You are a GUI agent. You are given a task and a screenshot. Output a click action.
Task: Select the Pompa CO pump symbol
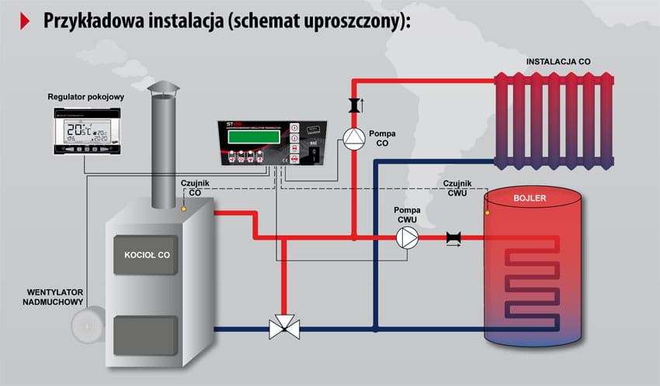[353, 137]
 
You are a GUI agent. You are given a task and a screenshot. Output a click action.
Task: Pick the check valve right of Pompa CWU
[453, 239]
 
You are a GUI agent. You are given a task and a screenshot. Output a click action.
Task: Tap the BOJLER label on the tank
[530, 198]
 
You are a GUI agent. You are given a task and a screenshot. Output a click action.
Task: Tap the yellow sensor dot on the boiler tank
[487, 212]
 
